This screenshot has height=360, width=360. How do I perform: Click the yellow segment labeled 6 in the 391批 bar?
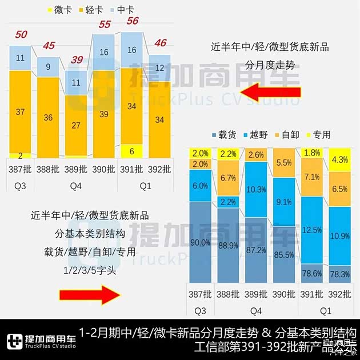point(132,151)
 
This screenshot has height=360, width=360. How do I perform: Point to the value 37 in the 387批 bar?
point(20,112)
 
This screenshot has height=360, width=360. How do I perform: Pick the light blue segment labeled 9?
point(48,66)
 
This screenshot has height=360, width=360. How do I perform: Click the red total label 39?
point(76,59)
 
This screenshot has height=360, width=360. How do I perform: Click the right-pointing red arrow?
point(88,295)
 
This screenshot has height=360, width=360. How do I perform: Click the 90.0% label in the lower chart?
point(200,242)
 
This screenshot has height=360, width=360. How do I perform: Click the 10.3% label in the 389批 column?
point(256,189)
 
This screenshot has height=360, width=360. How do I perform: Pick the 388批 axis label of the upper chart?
point(48,170)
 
